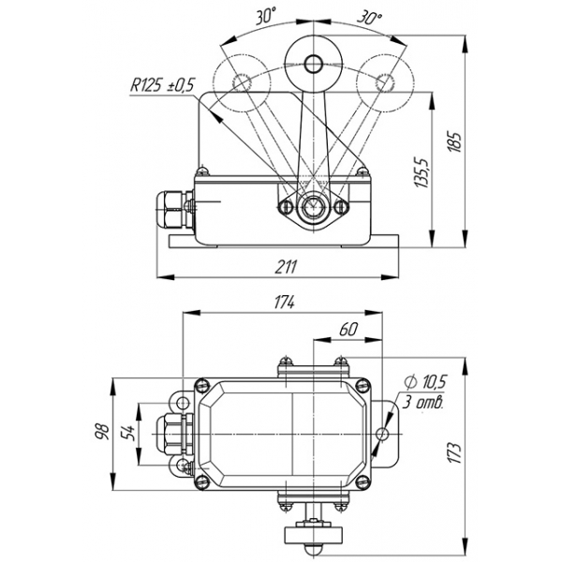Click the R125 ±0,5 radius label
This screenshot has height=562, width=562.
[162, 85]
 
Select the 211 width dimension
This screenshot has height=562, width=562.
[286, 267]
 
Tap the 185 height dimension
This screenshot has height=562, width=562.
[455, 142]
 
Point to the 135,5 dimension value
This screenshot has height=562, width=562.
[422, 172]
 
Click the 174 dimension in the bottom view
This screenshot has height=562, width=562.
[284, 302]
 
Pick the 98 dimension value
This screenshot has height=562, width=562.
[102, 432]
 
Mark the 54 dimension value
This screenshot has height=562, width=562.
[126, 433]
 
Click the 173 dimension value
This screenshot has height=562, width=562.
[455, 453]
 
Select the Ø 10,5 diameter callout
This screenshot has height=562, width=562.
[425, 382]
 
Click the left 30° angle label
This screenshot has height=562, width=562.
[266, 17]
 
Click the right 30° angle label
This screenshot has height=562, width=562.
[369, 17]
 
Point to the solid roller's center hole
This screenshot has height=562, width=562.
[314, 64]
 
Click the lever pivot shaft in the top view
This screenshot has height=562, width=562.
[313, 207]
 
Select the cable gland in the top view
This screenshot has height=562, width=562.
[175, 209]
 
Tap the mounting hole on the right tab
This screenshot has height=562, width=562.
[382, 435]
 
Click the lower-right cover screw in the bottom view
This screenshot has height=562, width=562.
[362, 482]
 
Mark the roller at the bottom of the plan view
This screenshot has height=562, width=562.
[313, 535]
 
